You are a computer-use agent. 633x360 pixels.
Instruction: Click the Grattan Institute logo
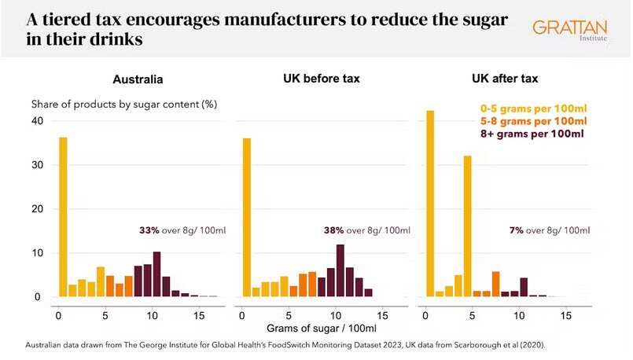tap(569, 31)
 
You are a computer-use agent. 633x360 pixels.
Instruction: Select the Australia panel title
tap(139, 79)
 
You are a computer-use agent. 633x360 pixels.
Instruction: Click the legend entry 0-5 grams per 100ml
tap(533, 108)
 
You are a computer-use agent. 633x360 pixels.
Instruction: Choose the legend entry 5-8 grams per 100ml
tap(533, 121)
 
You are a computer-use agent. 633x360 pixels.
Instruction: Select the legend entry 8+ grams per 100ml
tap(532, 134)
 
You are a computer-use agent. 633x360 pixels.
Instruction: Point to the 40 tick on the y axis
tap(36, 121)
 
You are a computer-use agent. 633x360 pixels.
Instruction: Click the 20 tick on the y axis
tap(36, 209)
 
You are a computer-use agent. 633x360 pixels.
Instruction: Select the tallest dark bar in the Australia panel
tap(156, 274)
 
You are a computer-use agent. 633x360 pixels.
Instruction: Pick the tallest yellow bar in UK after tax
tap(430, 204)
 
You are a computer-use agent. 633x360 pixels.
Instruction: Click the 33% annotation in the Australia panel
tap(149, 230)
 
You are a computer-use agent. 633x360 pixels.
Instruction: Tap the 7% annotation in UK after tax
tap(517, 230)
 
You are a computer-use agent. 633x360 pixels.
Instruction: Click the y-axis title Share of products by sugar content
tap(123, 104)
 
